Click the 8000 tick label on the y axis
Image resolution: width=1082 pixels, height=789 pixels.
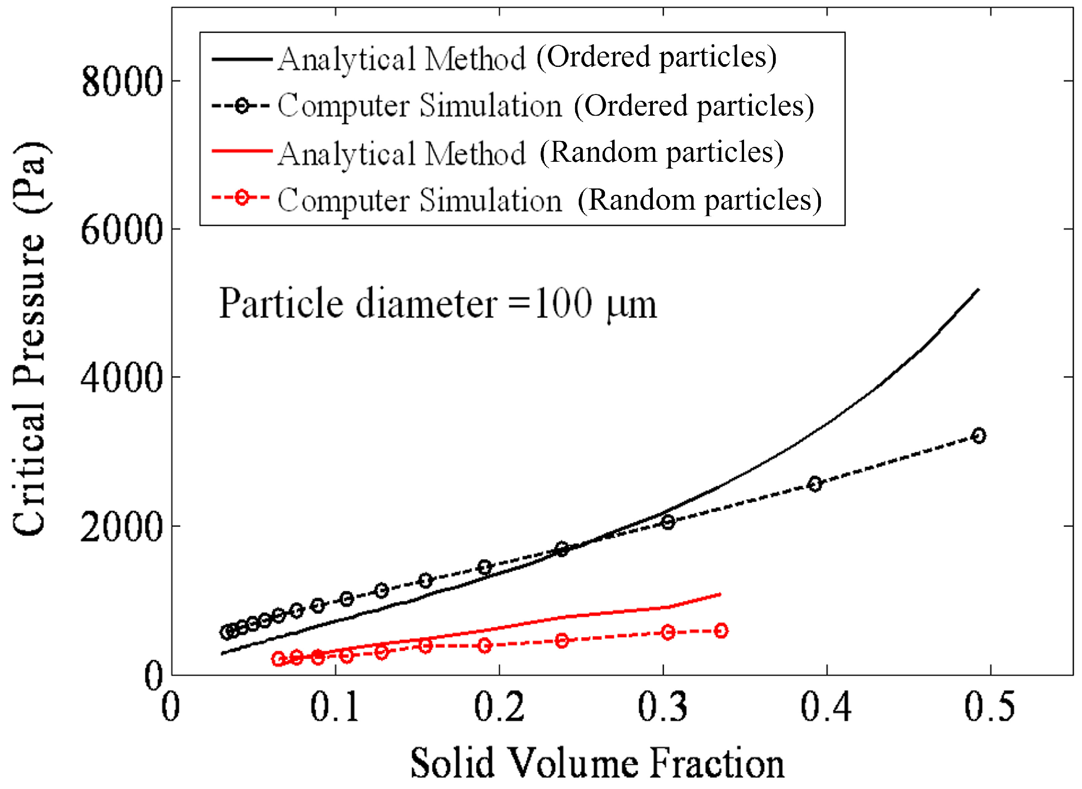[122, 82]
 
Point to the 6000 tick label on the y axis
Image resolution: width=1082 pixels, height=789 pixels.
[122, 230]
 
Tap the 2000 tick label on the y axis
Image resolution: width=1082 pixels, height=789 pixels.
[122, 527]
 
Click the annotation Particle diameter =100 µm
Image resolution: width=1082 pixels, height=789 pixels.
[437, 304]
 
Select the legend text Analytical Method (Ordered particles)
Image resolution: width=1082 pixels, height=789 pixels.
[527, 58]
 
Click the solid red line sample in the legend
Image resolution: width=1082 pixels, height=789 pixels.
[242, 151]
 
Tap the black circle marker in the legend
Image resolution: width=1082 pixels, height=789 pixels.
[242, 106]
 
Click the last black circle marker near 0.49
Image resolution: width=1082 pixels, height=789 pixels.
[979, 436]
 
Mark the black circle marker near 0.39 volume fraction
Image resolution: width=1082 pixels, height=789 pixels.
[815, 484]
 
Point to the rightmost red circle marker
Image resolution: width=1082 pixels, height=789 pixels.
[721, 631]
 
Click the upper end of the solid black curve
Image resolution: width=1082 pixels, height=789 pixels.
[979, 289]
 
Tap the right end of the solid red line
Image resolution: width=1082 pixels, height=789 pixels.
[720, 594]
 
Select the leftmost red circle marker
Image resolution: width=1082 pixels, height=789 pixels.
[278, 659]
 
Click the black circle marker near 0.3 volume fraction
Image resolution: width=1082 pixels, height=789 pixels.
[668, 522]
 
